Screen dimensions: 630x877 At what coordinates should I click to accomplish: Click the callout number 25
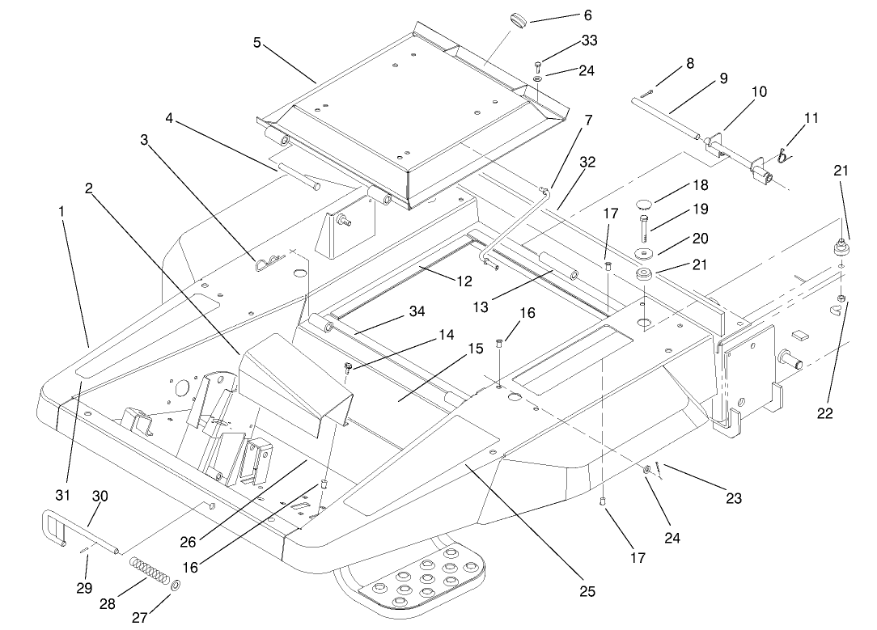pyautogui.click(x=587, y=592)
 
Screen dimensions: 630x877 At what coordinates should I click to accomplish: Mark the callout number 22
pyautogui.click(x=824, y=412)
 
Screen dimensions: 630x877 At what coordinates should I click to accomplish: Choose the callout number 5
pyautogui.click(x=256, y=42)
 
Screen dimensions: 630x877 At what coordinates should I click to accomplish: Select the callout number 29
pyautogui.click(x=84, y=588)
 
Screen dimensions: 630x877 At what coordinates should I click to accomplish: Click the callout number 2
pyautogui.click(x=89, y=188)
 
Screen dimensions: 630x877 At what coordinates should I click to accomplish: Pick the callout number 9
pyautogui.click(x=722, y=79)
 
